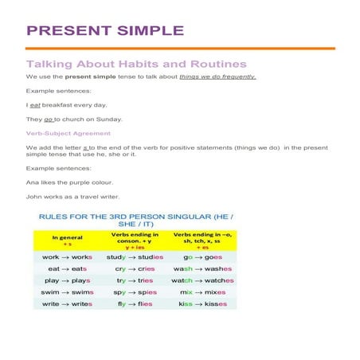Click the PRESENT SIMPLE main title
(105, 31)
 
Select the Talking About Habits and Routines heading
(136, 64)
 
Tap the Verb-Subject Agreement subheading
(68, 133)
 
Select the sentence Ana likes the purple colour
(68, 182)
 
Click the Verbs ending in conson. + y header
(134, 240)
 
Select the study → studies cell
(135, 257)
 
